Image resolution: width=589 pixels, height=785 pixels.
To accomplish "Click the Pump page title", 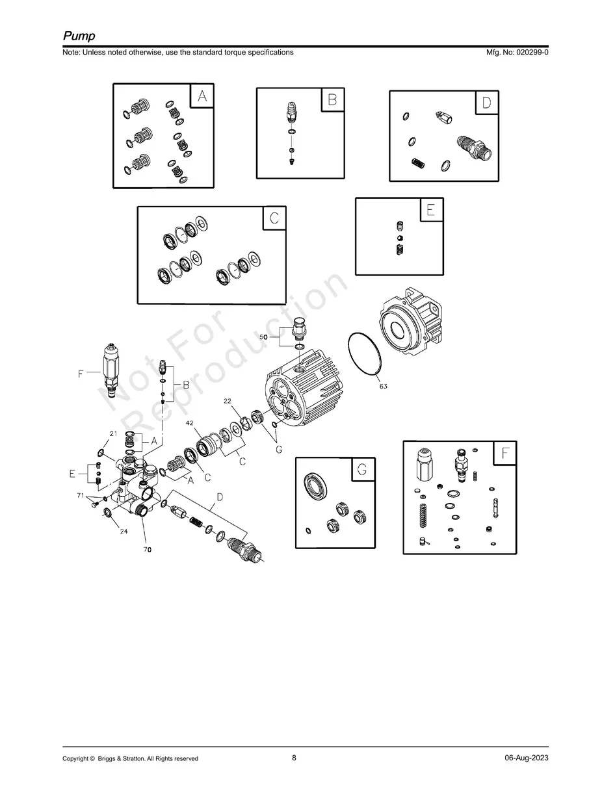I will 79,35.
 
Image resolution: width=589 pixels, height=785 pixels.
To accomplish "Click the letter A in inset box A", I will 202,97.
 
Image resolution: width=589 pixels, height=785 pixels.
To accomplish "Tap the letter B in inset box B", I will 332,100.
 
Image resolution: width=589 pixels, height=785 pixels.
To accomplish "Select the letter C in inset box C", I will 274,218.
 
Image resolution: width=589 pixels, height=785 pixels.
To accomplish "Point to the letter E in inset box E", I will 430,210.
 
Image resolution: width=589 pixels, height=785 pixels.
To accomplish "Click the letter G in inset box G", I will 363,469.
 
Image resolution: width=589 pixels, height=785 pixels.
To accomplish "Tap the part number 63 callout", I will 384,387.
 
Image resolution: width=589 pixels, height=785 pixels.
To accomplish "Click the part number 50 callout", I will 264,338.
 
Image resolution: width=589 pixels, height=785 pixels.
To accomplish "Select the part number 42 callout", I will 189,422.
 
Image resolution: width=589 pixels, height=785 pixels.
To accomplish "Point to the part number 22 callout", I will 228,402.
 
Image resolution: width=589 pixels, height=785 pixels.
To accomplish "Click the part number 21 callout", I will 113,433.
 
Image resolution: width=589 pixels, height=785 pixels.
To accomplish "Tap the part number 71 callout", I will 81,496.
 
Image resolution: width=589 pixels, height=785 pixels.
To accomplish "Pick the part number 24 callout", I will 123,531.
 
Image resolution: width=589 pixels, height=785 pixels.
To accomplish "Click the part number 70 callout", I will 148,549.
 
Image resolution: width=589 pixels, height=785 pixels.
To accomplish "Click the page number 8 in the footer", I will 294,758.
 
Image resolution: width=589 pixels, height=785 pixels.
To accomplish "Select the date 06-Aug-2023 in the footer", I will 526,758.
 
